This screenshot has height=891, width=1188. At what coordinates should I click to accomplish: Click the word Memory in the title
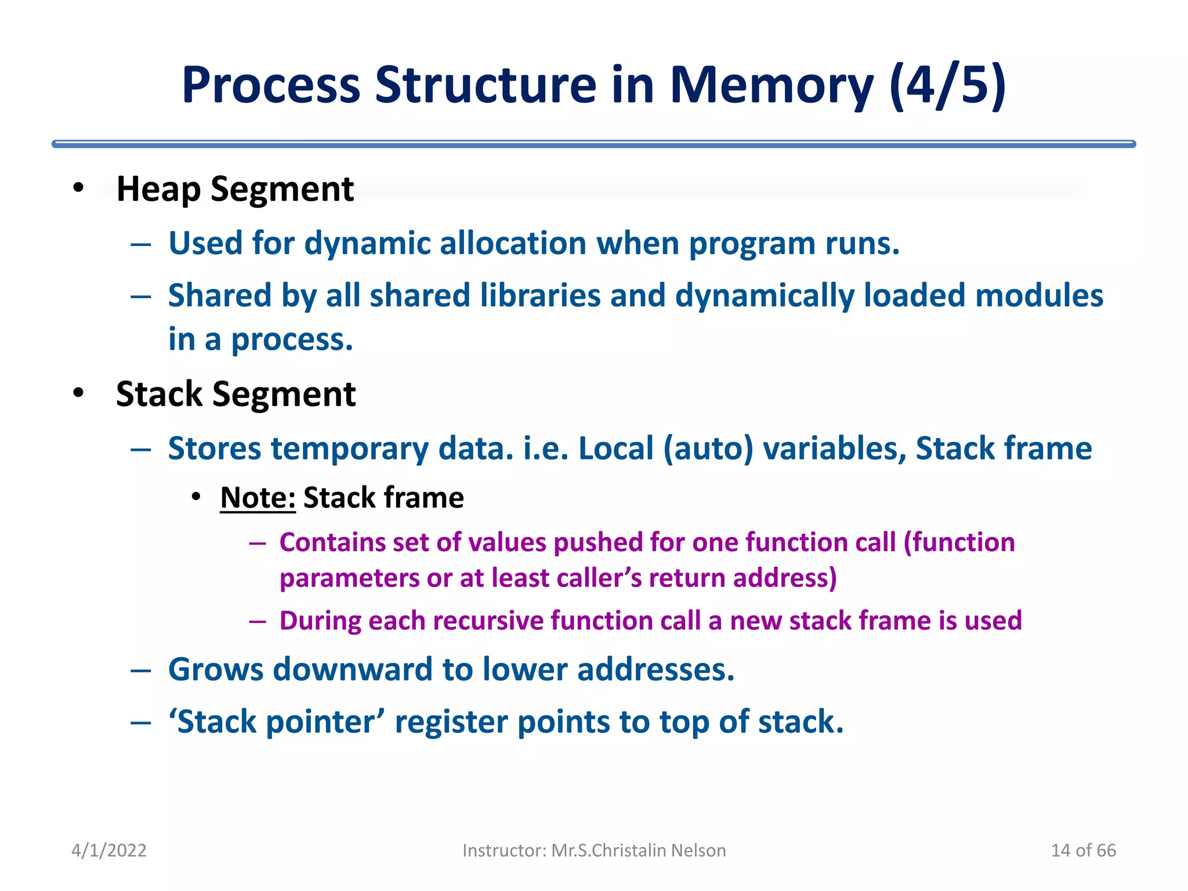[772, 86]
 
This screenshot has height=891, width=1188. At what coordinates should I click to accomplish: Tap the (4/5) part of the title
[947, 86]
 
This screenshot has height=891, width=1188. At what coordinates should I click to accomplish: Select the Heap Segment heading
[235, 189]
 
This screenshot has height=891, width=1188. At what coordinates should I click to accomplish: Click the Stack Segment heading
[236, 394]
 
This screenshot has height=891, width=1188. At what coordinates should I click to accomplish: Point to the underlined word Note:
[258, 498]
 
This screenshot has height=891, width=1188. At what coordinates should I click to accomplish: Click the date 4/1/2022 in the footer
[108, 850]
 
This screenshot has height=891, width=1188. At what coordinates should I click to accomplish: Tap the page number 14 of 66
[1083, 850]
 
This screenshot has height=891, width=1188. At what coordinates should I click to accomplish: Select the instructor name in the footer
[638, 850]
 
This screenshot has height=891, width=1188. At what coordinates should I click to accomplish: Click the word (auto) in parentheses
[708, 449]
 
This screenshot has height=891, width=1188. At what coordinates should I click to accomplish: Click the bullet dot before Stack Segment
[78, 393]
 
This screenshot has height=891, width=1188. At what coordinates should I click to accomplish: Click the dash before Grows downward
[141, 671]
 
